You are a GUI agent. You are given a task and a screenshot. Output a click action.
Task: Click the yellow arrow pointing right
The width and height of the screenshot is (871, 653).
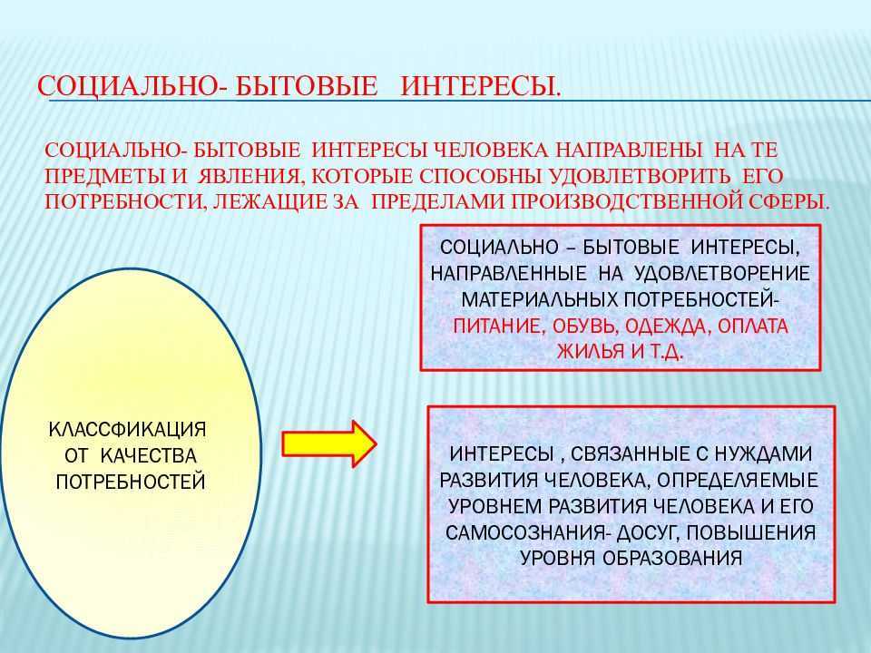[x=329, y=444]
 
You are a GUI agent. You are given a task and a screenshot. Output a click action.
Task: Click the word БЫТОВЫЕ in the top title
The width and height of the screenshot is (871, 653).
[x=307, y=87]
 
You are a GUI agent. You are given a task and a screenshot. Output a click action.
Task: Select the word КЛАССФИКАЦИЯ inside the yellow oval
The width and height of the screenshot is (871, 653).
[x=128, y=429]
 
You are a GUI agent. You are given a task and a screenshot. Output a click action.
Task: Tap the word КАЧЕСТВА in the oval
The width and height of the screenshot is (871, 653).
[x=150, y=456]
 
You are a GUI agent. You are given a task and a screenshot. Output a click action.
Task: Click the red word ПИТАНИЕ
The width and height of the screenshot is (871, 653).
[x=496, y=326]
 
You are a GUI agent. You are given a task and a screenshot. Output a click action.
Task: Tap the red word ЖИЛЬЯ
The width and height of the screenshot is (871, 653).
[x=591, y=352]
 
